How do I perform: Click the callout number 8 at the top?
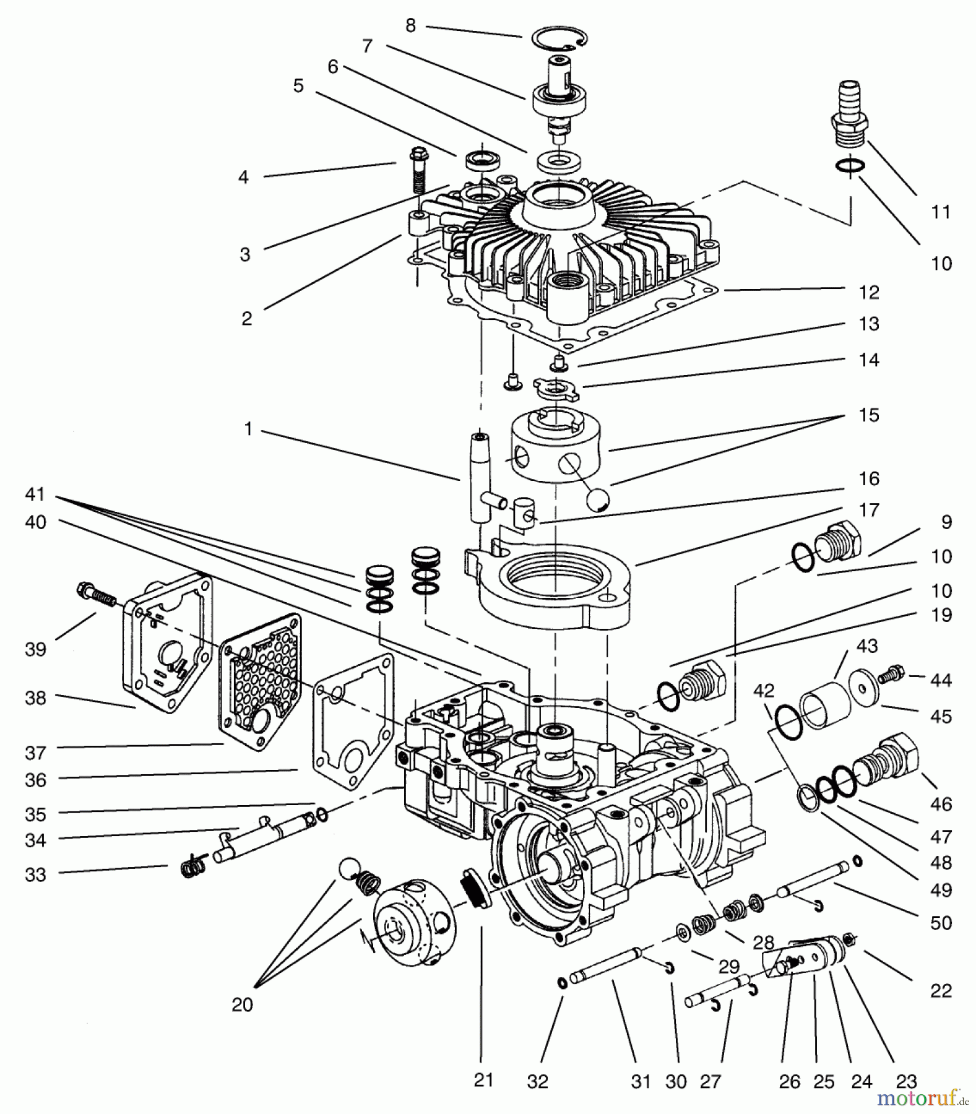pos(410,25)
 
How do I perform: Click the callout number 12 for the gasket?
pos(869,292)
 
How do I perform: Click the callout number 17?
pos(869,510)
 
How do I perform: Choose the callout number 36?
pos(36,780)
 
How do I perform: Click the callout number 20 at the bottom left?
pos(242,1004)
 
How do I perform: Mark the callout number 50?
pos(941,923)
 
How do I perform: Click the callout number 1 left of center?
pos(248,428)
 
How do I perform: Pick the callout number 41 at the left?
pos(36,494)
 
